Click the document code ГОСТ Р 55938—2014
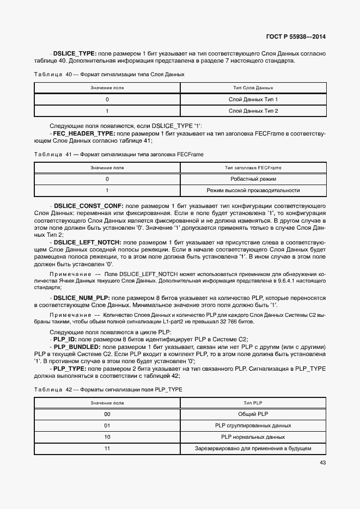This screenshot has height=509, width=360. click(x=296, y=37)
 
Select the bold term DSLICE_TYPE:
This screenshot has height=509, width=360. click(x=75, y=53)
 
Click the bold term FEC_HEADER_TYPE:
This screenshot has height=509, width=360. click(x=83, y=133)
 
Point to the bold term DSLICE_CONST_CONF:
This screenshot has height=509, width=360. click(x=89, y=206)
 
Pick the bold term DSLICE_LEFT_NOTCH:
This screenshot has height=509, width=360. click(x=88, y=241)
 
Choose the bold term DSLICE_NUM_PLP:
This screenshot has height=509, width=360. click(x=82, y=298)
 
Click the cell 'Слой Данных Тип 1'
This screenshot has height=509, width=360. click(x=253, y=100)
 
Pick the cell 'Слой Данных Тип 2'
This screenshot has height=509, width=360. click(x=253, y=111)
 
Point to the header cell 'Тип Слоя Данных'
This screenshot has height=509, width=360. click(x=253, y=87)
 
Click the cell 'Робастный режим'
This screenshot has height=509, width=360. click(x=253, y=179)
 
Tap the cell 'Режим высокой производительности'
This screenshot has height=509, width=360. click(x=253, y=191)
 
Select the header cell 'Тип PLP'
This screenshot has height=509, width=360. click(x=253, y=403)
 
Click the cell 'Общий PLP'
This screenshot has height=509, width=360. click(x=253, y=414)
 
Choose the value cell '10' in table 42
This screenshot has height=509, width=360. click(x=107, y=437)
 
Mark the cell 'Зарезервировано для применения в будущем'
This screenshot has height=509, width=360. click(x=253, y=449)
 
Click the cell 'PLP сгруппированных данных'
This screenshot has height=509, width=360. click(x=253, y=426)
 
